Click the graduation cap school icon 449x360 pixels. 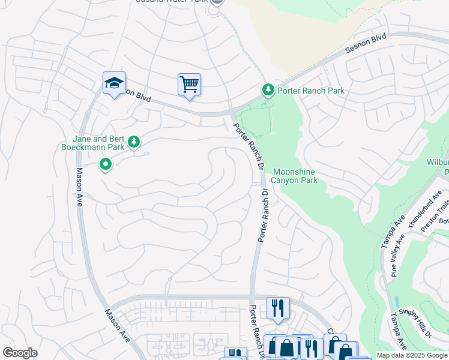[x=114, y=83]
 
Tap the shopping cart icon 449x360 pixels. [x=189, y=85]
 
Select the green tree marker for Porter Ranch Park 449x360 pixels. [x=268, y=90]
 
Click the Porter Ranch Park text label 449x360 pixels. [x=310, y=91]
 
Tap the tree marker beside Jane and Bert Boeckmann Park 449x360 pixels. [x=135, y=142]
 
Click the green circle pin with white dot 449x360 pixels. [x=106, y=163]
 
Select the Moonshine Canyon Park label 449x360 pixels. [x=294, y=176]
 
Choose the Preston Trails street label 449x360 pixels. [x=436, y=214]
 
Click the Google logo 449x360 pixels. [x=20, y=353]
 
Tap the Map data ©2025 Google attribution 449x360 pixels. [x=411, y=356]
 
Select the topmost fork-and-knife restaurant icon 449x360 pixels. [x=277, y=308]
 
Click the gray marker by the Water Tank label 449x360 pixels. [x=217, y=2]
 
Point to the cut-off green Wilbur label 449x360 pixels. [x=438, y=163]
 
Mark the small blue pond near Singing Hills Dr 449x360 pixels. [x=397, y=301]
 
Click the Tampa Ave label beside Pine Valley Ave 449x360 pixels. [x=393, y=230]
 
